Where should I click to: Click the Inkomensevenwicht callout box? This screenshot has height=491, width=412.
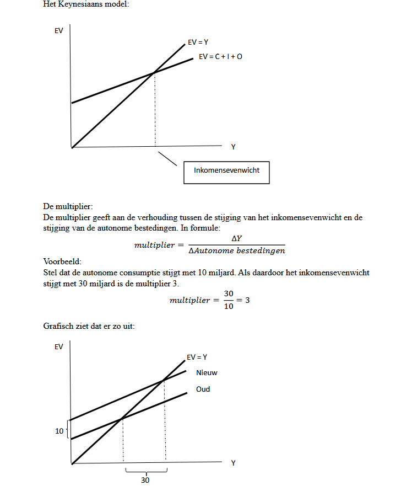pyautogui.click(x=226, y=172)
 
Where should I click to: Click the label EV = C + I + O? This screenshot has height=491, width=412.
pyautogui.click(x=220, y=57)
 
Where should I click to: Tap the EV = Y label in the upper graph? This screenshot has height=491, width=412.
pyautogui.click(x=198, y=42)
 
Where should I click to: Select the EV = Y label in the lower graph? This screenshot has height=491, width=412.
pyautogui.click(x=197, y=357)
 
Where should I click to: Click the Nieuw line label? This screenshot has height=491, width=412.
pyautogui.click(x=207, y=373)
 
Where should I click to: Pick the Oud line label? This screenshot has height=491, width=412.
pyautogui.click(x=203, y=389)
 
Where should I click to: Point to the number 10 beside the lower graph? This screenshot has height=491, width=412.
pyautogui.click(x=59, y=431)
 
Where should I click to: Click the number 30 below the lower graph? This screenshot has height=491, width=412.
pyautogui.click(x=145, y=481)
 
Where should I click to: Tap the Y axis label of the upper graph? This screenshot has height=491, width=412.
pyautogui.click(x=233, y=147)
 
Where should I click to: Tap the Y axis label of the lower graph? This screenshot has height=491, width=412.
pyautogui.click(x=233, y=463)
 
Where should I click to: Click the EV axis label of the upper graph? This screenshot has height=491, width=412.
pyautogui.click(x=59, y=31)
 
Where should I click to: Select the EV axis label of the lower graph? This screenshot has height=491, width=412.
pyautogui.click(x=59, y=346)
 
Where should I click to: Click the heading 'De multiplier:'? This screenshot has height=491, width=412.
pyautogui.click(x=68, y=207)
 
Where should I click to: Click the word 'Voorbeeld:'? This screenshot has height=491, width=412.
pyautogui.click(x=62, y=262)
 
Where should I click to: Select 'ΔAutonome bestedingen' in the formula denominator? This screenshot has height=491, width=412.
pyautogui.click(x=236, y=251)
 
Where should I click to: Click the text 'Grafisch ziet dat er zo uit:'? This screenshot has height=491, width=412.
pyautogui.click(x=89, y=326)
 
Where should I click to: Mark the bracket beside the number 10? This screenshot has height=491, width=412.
pyautogui.click(x=68, y=430)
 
